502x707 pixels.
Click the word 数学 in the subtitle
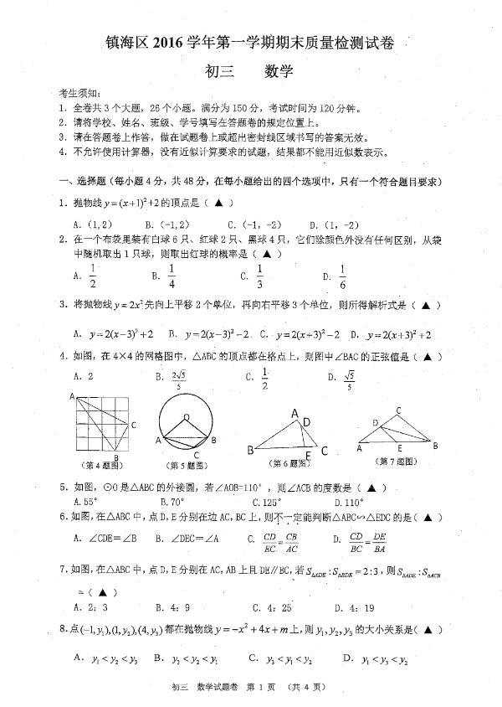point(278,73)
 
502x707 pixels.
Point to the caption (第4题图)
point(100,463)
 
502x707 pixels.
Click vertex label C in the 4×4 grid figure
point(134,425)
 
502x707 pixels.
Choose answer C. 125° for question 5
point(256,503)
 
